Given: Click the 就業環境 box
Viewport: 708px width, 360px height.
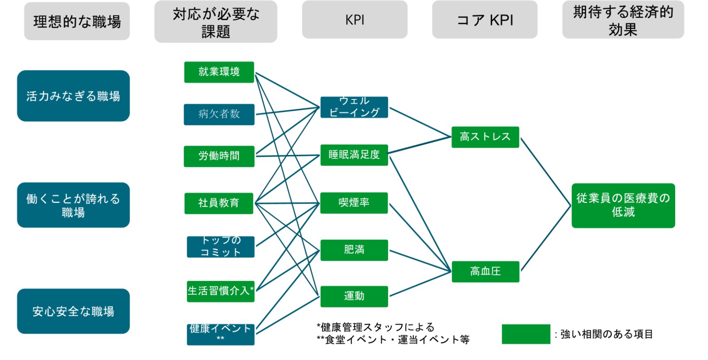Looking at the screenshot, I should [x=219, y=72].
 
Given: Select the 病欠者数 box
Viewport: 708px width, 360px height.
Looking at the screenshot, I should [x=219, y=114].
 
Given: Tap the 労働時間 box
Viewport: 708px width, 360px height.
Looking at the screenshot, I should [x=219, y=156].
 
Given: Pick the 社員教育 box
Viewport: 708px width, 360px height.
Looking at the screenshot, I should [x=219, y=203].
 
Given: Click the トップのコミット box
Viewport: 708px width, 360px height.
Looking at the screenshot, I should [x=220, y=247].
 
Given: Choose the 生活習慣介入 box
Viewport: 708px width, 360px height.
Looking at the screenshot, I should [x=220, y=291].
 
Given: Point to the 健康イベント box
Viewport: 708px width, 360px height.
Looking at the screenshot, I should [x=220, y=334].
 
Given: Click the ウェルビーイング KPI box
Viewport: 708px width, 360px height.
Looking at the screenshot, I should [x=354, y=107].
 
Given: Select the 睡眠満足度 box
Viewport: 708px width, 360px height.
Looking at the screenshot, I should [x=354, y=155].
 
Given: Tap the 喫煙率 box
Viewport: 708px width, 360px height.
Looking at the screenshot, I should [x=354, y=203].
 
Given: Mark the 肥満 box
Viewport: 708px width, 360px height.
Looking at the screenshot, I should [x=354, y=250].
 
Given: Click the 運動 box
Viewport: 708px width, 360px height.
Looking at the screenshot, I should [x=354, y=296].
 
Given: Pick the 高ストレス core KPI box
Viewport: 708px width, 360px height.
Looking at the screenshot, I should [x=485, y=137].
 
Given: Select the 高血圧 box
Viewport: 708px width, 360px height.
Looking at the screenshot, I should [x=485, y=271].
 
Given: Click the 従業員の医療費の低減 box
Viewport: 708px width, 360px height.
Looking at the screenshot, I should [x=623, y=205].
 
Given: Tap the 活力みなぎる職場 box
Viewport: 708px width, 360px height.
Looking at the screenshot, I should [x=73, y=96].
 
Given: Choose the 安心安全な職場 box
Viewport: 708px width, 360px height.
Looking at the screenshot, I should [x=73, y=311].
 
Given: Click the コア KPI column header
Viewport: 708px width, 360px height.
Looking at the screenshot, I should [x=485, y=20].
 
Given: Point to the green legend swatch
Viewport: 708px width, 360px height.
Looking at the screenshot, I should [x=526, y=334].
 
